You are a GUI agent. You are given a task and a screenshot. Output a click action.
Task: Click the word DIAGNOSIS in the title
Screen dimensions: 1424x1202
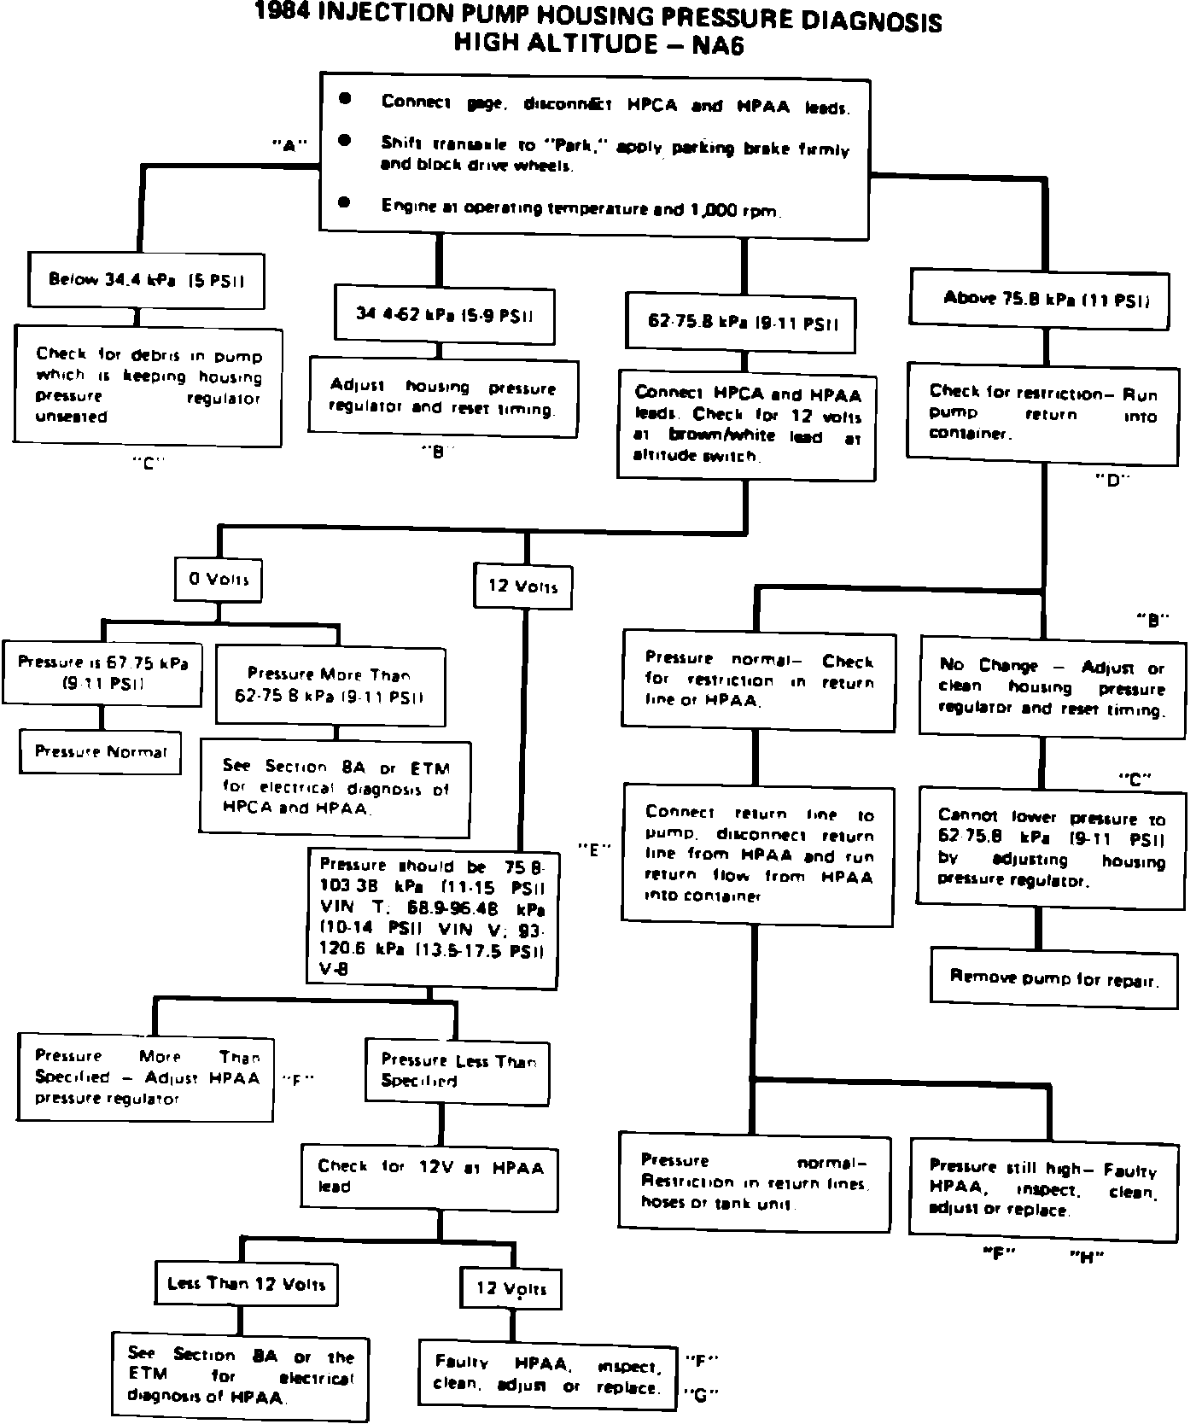point(866,21)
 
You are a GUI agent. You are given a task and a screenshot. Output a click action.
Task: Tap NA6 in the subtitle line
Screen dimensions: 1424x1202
point(718,44)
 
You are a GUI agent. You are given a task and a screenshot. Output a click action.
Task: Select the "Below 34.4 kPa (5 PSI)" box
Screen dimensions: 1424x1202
point(147,279)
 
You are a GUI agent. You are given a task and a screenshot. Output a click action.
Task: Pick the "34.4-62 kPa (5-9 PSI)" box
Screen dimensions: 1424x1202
point(445,313)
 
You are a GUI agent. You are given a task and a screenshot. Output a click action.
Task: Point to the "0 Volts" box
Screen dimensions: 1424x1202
point(219,580)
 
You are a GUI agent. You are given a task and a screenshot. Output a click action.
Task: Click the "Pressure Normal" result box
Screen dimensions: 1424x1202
point(101,751)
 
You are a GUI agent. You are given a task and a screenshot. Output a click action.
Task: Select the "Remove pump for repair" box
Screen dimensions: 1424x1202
point(1053,977)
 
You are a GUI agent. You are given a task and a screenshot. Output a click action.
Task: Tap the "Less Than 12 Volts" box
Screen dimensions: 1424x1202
point(246,1283)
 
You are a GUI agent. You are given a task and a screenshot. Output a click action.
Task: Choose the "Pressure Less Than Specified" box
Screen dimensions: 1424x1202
point(458,1071)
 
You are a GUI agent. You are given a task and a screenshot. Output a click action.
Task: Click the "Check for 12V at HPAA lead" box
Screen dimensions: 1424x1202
point(430,1176)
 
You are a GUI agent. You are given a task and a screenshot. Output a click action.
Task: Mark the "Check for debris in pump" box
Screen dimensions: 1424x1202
point(148,386)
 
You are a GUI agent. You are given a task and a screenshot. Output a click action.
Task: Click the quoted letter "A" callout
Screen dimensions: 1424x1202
point(289,145)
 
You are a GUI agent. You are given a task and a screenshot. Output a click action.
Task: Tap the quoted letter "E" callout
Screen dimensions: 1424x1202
point(595,849)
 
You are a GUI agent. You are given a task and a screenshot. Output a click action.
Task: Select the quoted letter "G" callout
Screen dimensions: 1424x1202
point(701,1395)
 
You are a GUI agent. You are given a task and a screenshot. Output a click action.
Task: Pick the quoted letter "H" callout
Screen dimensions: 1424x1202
point(1087,1256)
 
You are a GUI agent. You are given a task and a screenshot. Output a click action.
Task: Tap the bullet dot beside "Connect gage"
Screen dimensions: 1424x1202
point(345,99)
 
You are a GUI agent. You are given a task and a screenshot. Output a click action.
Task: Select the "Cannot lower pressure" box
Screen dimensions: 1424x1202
point(1051,849)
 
